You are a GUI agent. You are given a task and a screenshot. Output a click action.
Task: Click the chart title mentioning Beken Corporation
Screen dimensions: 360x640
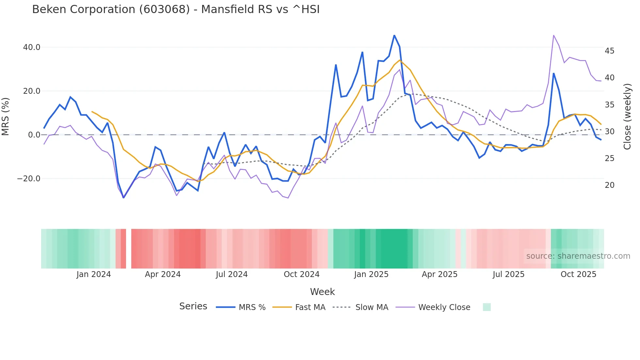pyautogui.click(x=176, y=9)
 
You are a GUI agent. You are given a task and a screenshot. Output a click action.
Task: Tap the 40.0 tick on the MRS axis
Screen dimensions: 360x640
pyautogui.click(x=32, y=47)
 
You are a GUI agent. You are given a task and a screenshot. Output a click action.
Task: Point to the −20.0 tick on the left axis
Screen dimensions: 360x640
pyautogui.click(x=29, y=179)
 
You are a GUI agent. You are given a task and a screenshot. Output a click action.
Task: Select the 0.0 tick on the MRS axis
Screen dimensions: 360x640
pyautogui.click(x=34, y=135)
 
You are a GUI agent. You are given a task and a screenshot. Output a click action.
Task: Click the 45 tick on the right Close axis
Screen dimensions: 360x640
pyautogui.click(x=609, y=51)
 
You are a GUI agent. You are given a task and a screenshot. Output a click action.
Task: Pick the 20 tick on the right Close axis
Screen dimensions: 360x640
pyautogui.click(x=609, y=185)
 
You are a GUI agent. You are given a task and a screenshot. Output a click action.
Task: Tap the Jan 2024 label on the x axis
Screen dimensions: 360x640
pyautogui.click(x=94, y=274)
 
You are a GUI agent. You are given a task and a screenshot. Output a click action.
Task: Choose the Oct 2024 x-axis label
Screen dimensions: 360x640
pyautogui.click(x=301, y=274)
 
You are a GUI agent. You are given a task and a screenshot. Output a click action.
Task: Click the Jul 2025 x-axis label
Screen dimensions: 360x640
pyautogui.click(x=508, y=274)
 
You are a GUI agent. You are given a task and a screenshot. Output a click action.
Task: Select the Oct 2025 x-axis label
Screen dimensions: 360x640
pyautogui.click(x=578, y=274)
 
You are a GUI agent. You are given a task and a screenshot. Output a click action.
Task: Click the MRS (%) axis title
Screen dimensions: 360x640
pyautogui.click(x=6, y=116)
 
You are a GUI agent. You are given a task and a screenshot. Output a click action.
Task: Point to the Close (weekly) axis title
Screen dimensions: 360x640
pyautogui.click(x=627, y=117)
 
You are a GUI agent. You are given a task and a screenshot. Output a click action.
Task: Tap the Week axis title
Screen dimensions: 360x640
pyautogui.click(x=322, y=292)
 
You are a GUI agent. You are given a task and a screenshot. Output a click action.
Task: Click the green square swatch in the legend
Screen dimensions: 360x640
pyautogui.click(x=487, y=307)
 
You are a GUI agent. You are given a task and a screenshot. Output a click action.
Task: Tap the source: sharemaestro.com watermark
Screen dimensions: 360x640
pyautogui.click(x=578, y=256)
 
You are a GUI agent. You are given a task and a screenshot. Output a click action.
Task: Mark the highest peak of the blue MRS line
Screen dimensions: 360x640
pyautogui.click(x=394, y=35)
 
